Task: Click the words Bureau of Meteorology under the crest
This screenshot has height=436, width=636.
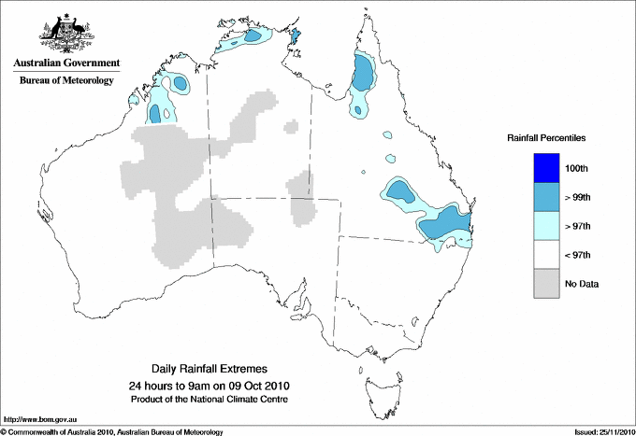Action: point(66,81)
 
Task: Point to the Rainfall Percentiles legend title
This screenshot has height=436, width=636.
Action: point(546,137)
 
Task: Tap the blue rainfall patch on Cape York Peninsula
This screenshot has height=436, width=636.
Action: point(363,72)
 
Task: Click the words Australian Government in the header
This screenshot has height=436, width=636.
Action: point(66,64)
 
